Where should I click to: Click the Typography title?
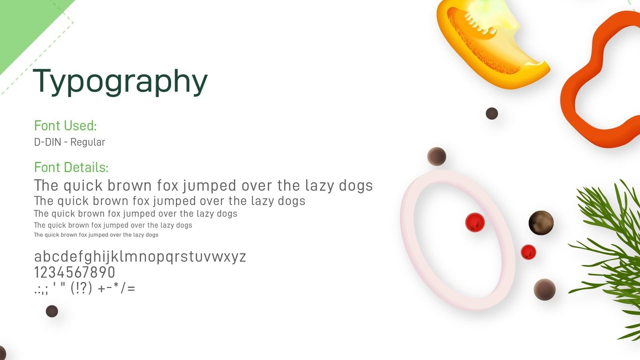click(120, 82)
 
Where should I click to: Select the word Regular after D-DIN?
click(88, 142)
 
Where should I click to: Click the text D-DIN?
click(48, 142)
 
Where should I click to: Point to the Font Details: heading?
click(71, 168)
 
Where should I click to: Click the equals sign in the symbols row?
click(131, 288)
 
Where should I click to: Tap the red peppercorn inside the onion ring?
click(475, 222)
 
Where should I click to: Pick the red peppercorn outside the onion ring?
click(528, 252)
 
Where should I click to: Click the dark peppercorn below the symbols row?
click(52, 311)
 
